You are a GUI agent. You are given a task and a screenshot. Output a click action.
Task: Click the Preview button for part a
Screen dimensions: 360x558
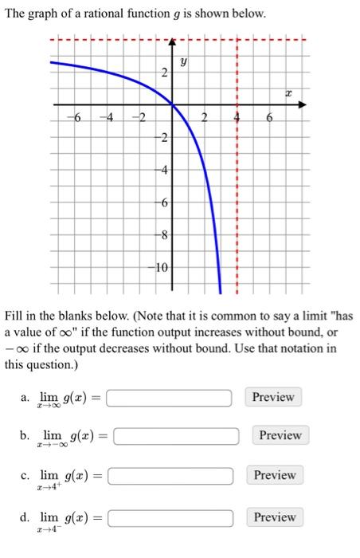273,397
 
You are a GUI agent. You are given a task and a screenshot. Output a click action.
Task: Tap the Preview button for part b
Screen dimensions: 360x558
280,435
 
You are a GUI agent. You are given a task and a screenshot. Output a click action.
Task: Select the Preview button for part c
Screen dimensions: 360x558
275,475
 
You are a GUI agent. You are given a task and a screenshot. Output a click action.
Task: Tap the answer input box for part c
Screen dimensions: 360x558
170,476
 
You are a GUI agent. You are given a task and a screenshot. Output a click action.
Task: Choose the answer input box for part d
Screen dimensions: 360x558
170,518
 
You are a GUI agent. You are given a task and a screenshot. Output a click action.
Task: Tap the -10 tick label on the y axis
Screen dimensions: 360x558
161,266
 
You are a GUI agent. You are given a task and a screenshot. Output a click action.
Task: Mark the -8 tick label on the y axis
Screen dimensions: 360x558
162,234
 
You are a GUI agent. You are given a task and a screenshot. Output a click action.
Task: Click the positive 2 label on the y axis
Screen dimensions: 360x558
164,73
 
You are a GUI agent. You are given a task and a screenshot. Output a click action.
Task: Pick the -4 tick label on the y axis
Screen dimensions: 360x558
162,170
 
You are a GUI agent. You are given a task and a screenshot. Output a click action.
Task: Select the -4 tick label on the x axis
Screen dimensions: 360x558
106,119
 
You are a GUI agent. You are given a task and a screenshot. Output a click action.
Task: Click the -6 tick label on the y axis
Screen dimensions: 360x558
162,202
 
